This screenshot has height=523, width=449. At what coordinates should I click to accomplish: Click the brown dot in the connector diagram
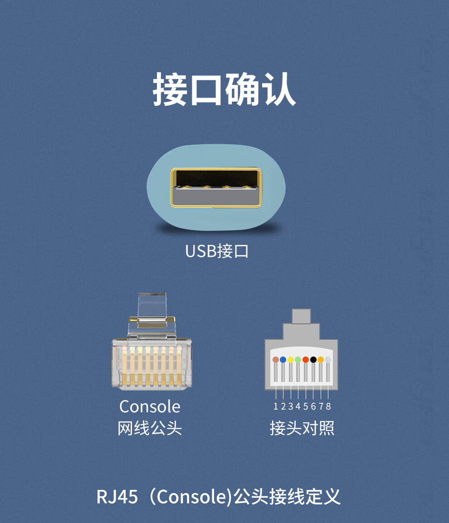coord(276,360)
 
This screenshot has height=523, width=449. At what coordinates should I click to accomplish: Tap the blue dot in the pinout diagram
coord(283,360)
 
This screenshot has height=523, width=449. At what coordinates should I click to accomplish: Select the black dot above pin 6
coord(313,360)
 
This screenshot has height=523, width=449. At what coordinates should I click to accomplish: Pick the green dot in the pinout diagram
coord(298,360)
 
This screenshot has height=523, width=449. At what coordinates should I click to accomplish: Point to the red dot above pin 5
coord(306,360)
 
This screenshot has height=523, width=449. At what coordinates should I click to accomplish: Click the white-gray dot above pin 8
coord(328,360)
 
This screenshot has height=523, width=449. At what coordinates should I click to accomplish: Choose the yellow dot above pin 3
coord(291,360)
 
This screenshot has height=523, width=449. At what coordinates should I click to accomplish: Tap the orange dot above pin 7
coord(321,360)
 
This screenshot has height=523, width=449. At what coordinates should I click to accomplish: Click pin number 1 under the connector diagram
coord(276,406)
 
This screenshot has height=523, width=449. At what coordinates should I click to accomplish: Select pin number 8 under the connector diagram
coord(328,406)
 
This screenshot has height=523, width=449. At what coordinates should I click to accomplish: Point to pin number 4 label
coord(298,406)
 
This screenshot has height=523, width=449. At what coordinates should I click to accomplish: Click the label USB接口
coord(217,251)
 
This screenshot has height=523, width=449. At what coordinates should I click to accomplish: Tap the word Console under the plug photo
coord(150,406)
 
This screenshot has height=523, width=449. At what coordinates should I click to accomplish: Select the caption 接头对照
coord(302,428)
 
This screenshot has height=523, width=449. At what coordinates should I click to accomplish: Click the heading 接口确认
coord(224,88)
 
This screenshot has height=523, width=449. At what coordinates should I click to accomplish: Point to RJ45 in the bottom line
coord(117,497)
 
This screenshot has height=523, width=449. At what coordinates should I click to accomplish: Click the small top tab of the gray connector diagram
coord(302,316)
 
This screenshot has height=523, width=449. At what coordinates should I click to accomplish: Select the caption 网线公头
coord(150,428)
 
